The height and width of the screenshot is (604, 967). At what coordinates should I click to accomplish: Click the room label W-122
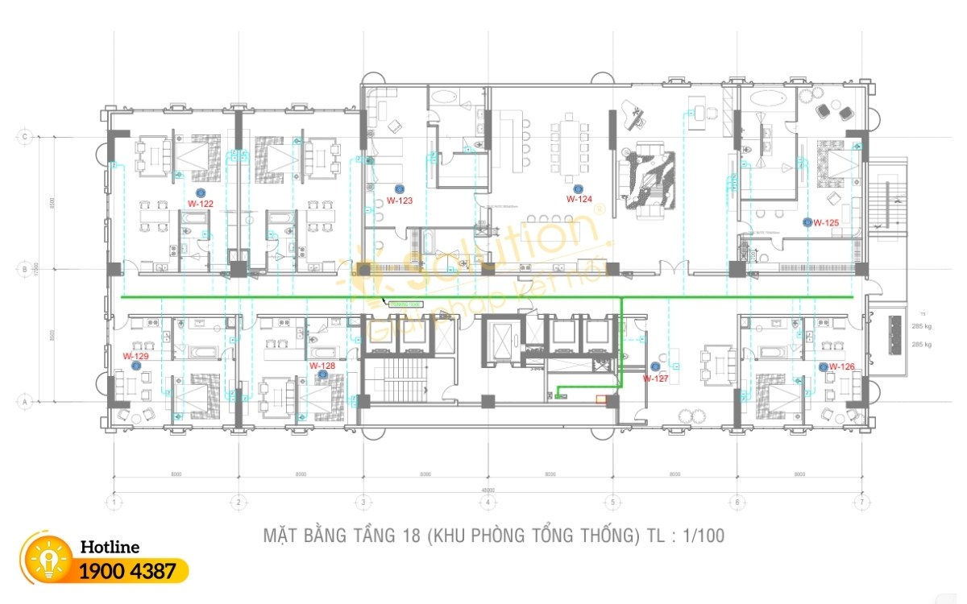[x=200, y=205]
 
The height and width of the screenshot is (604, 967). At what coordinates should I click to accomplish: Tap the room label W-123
[x=399, y=201]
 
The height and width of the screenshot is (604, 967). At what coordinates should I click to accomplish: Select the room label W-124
[x=579, y=199]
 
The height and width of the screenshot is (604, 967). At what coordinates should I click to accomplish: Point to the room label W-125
[x=826, y=222]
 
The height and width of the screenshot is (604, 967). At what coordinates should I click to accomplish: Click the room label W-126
[x=841, y=367]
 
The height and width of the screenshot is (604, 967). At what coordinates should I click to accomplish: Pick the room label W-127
[x=655, y=378]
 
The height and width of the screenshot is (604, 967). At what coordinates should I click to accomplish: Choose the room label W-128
[x=322, y=366]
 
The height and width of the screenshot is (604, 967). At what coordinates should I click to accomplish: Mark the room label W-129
[x=135, y=355]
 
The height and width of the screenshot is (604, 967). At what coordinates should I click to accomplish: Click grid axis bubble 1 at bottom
[x=115, y=503]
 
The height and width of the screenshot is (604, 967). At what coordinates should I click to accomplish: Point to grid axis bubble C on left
[x=26, y=137]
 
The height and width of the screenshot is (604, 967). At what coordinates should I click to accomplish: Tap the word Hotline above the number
[x=110, y=548]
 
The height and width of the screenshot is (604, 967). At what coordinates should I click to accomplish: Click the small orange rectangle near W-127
[x=600, y=397]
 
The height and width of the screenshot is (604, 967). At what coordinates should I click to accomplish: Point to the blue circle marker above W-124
[x=577, y=188]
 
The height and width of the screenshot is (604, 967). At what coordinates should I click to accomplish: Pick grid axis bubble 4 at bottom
[x=488, y=503]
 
